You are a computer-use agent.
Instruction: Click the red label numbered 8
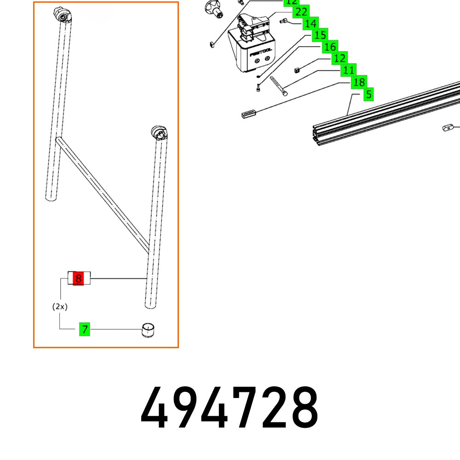click(x=79, y=279)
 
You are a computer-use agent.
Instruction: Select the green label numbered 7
click(x=85, y=329)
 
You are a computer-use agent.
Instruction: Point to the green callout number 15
click(x=321, y=35)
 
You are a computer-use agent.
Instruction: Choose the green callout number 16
click(x=330, y=46)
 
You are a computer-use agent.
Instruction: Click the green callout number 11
click(x=349, y=70)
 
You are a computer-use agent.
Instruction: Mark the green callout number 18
click(x=359, y=82)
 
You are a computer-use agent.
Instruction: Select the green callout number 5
click(x=368, y=95)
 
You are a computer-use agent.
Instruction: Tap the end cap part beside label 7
click(x=148, y=330)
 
